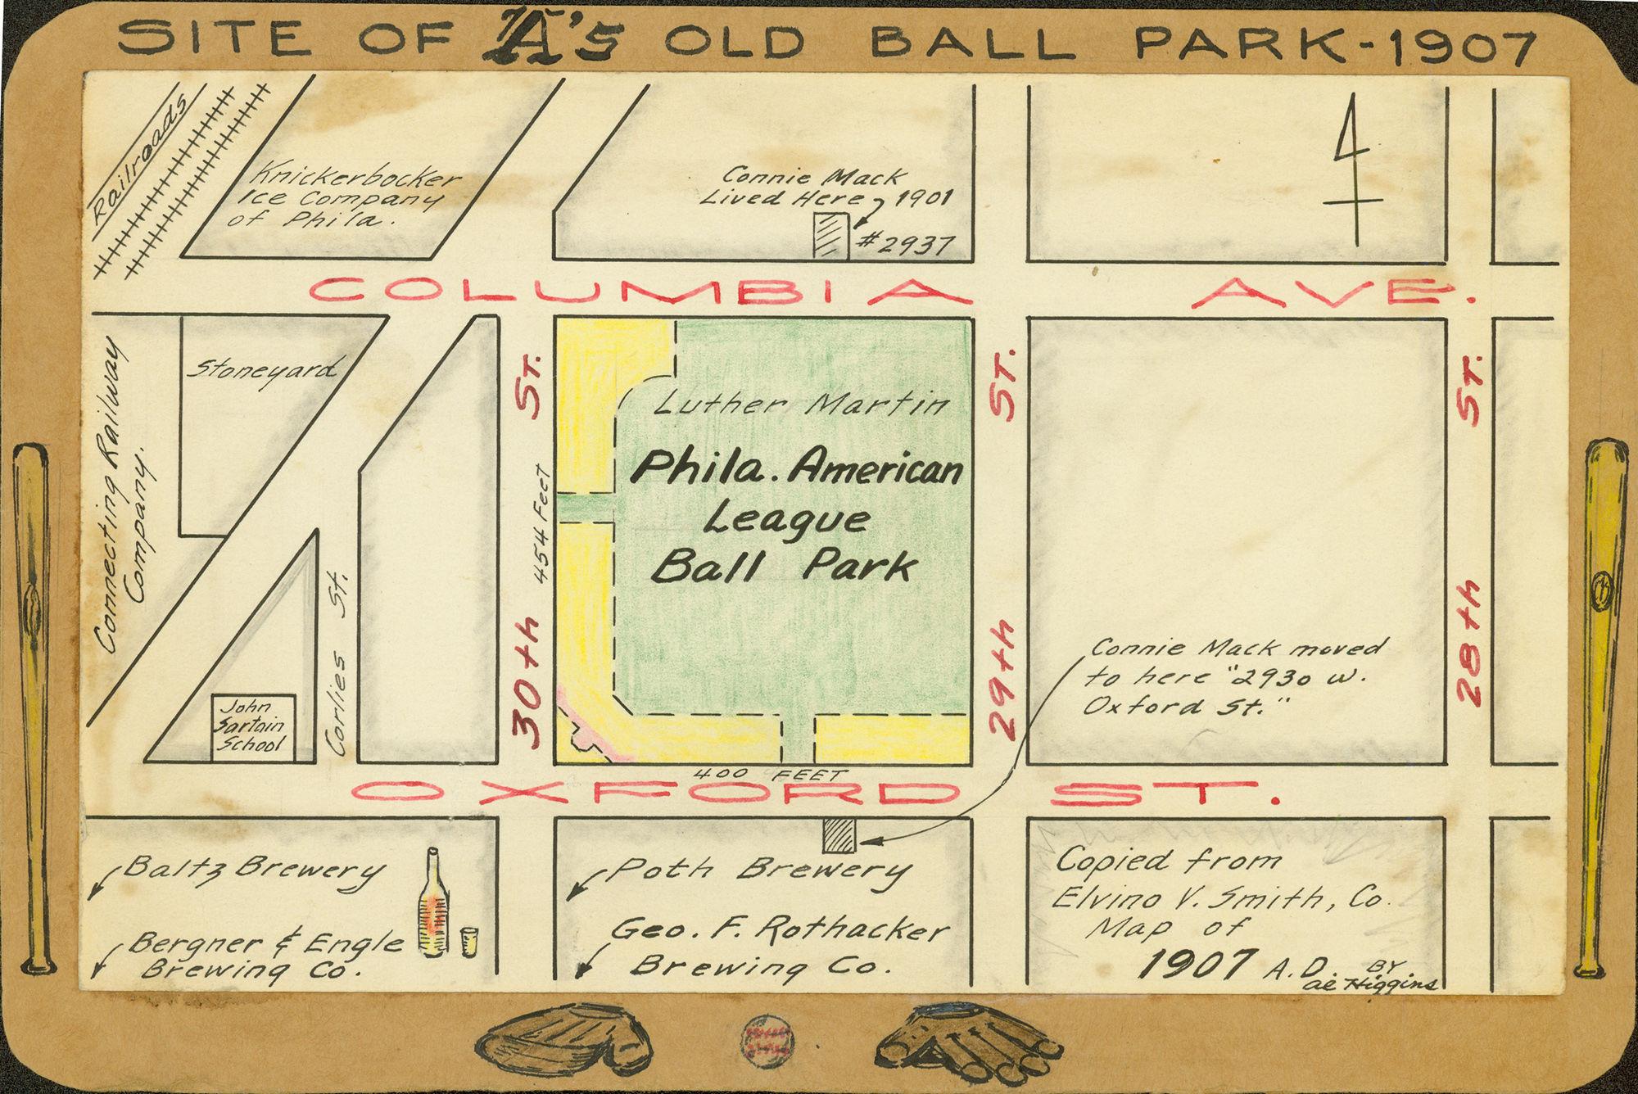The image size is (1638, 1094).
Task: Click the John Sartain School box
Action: (x=253, y=724)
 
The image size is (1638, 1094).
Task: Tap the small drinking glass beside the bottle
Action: (x=468, y=942)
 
